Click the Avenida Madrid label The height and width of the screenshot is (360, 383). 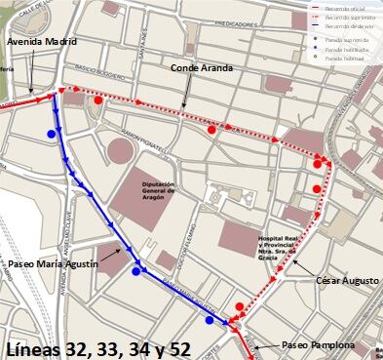pos(40,43)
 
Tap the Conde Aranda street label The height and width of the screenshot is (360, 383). pos(201,68)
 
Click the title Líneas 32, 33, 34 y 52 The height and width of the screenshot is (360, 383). pos(97,348)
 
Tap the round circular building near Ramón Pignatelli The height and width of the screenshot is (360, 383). pos(121,151)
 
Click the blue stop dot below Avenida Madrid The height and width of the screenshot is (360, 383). pos(51,134)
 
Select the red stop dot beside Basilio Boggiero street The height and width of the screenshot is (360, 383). pos(97,100)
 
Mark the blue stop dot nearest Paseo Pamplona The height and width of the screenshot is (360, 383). pos(210,320)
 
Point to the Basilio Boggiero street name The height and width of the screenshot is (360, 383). pos(100,77)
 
